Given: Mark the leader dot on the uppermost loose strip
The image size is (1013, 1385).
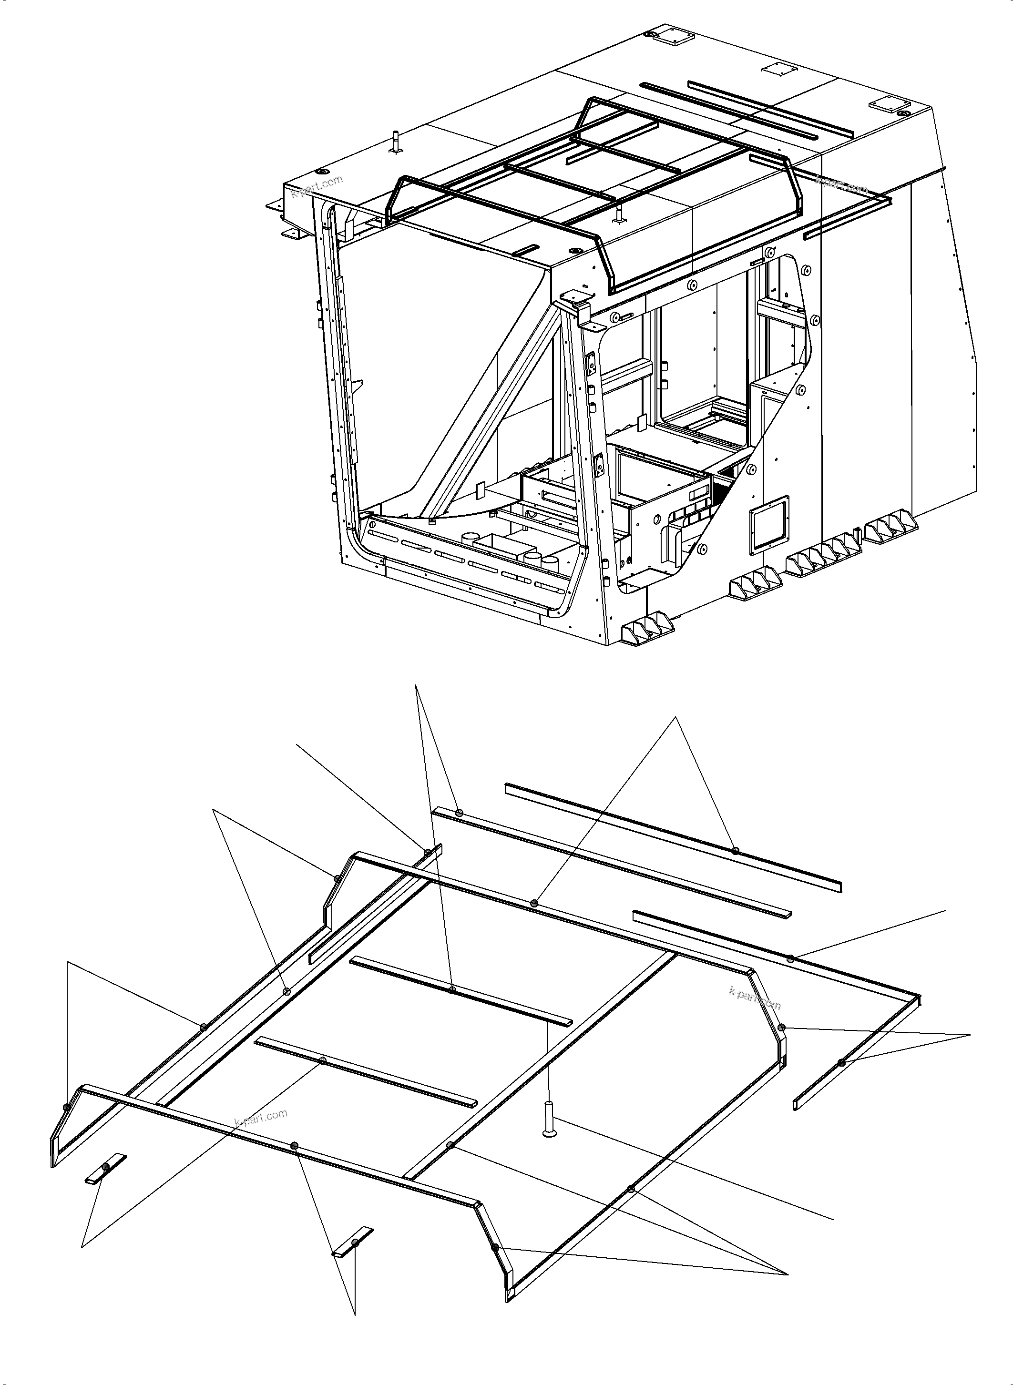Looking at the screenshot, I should (735, 850).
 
